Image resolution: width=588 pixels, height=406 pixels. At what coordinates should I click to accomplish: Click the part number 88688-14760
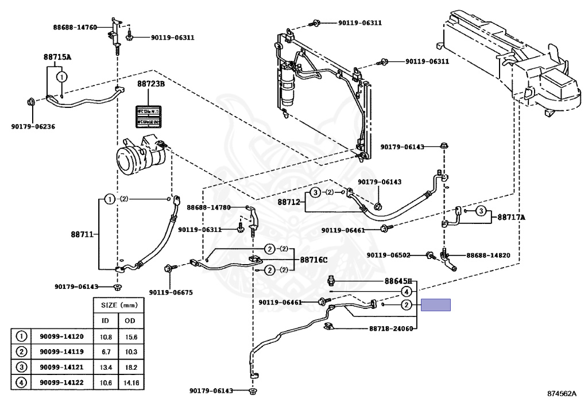point(72,27)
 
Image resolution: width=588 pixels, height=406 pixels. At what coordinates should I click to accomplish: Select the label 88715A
point(57,57)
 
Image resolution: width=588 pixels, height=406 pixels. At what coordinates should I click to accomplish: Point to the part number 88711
point(83,234)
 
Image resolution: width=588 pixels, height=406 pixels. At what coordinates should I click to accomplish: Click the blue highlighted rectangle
point(436,305)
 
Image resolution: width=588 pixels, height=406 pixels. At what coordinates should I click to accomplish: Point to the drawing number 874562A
point(561,395)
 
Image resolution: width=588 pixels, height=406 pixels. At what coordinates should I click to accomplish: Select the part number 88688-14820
point(488,255)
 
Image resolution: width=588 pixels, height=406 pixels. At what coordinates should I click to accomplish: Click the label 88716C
point(314,260)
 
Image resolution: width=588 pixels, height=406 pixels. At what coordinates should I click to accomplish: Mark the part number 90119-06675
point(171,292)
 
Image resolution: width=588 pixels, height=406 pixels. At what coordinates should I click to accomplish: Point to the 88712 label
point(289,202)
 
